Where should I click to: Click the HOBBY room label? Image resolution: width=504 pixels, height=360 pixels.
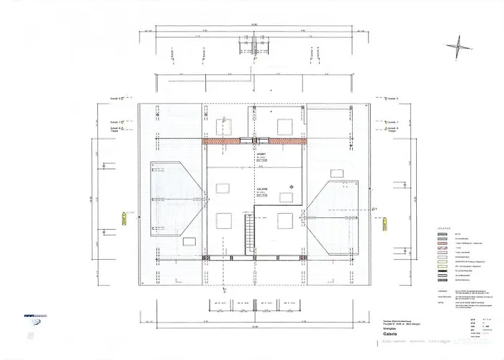pos(261,155)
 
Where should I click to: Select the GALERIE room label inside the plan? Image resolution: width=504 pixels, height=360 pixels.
pos(263,190)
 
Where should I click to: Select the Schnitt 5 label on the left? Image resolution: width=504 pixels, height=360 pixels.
pos(115,99)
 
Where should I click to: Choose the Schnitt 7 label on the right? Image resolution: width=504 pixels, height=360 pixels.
pos(393,122)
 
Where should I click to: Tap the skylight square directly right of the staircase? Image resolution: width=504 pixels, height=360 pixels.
pos(285,220)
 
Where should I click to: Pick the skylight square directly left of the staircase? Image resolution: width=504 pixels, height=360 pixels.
pos(223,220)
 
